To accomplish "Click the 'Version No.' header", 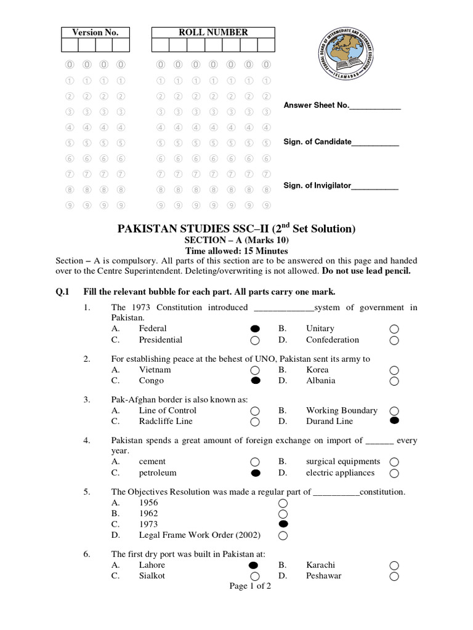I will click(95, 33).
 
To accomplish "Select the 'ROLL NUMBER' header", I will click(213, 33).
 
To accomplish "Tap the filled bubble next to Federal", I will click(255, 329).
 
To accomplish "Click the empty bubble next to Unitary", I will click(394, 329).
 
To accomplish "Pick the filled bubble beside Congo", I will click(255, 381).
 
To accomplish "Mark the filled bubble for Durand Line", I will click(394, 421).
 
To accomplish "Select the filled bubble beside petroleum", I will click(255, 473).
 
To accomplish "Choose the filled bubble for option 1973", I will click(283, 524).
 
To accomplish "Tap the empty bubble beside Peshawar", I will click(394, 576).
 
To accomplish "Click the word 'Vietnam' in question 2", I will click(155, 370).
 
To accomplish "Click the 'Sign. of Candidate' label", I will click(317, 142).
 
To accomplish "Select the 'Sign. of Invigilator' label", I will click(317, 185).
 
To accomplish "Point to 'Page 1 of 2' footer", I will click(250, 586).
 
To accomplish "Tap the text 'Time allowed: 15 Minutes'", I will click(236, 250).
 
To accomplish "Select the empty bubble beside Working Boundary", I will click(394, 410).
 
